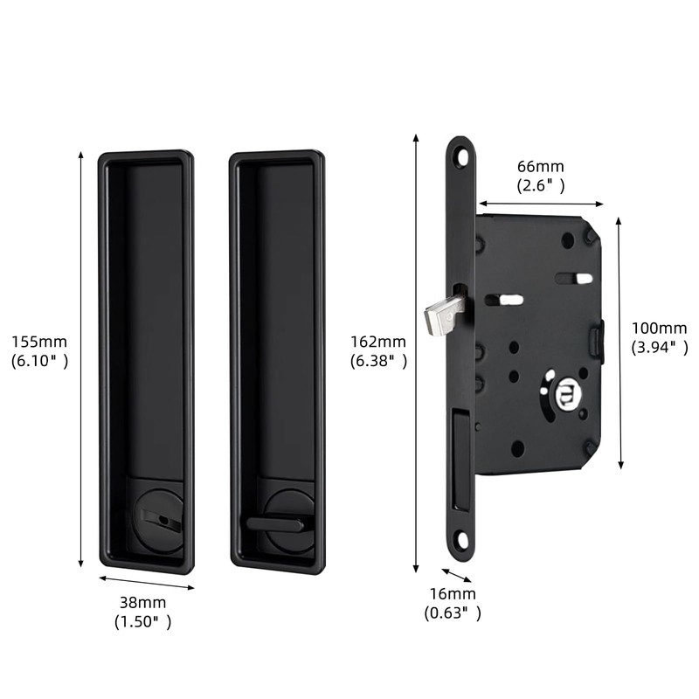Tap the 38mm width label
point(142,603)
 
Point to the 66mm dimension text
point(540,167)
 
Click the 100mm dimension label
point(659,328)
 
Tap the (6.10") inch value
point(39,359)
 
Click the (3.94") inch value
point(660,347)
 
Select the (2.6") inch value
point(540,185)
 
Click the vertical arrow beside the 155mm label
point(81,358)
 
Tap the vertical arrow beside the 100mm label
point(619,341)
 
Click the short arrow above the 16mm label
point(456,575)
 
